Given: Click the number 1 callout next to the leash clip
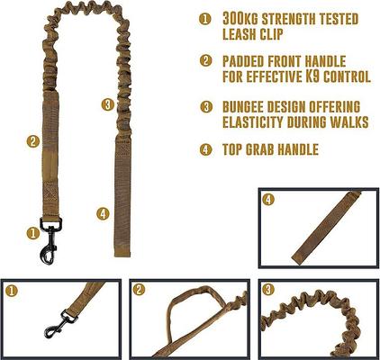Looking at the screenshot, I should [32, 231].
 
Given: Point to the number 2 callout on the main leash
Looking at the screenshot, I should [32, 140].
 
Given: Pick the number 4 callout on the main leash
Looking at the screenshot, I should [103, 213].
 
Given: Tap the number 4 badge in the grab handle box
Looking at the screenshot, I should [267, 200].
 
